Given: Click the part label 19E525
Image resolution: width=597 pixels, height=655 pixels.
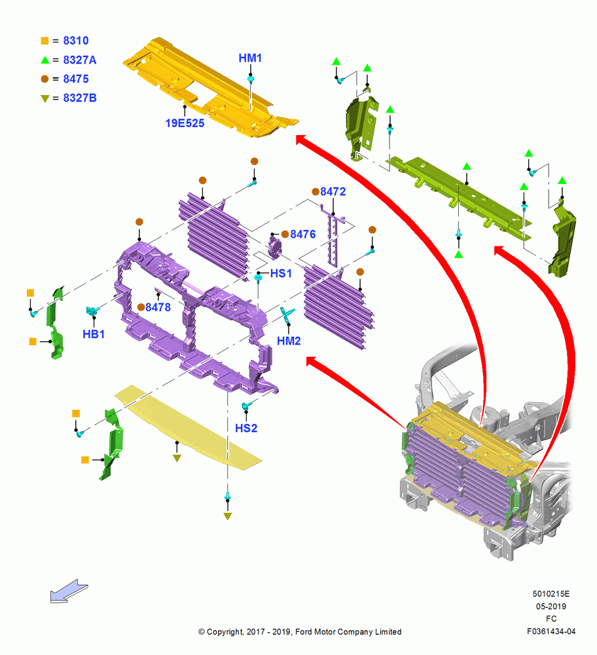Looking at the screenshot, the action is click(185, 123).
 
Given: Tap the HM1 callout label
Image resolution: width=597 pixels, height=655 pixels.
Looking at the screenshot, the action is click(250, 58).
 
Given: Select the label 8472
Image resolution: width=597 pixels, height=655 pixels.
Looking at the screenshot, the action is click(333, 192).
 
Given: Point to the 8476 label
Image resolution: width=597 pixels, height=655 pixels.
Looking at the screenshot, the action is click(303, 234).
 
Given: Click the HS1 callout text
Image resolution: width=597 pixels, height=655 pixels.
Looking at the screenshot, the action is click(281, 274).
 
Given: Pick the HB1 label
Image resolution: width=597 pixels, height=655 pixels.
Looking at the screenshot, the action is click(94, 334).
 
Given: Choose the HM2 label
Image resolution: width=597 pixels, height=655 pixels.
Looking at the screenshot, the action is click(289, 341).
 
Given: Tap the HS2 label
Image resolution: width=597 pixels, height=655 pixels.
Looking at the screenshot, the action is click(246, 428).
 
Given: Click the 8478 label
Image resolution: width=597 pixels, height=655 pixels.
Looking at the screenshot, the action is click(158, 307).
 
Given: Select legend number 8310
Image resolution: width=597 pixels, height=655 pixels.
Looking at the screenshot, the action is click(76, 41).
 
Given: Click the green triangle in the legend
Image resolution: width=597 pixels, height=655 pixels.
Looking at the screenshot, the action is click(45, 60).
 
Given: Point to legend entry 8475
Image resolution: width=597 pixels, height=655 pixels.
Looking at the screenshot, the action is click(76, 79).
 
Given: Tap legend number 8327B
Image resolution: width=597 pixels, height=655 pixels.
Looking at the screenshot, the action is click(80, 98).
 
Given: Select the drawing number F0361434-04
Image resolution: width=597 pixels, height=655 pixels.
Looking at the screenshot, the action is click(551, 631).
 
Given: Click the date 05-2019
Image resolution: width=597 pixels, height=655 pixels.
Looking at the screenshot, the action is click(551, 607).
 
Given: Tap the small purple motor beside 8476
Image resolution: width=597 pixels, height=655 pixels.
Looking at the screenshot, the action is click(275, 247).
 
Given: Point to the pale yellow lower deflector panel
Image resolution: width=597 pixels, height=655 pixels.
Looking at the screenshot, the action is click(188, 426).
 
